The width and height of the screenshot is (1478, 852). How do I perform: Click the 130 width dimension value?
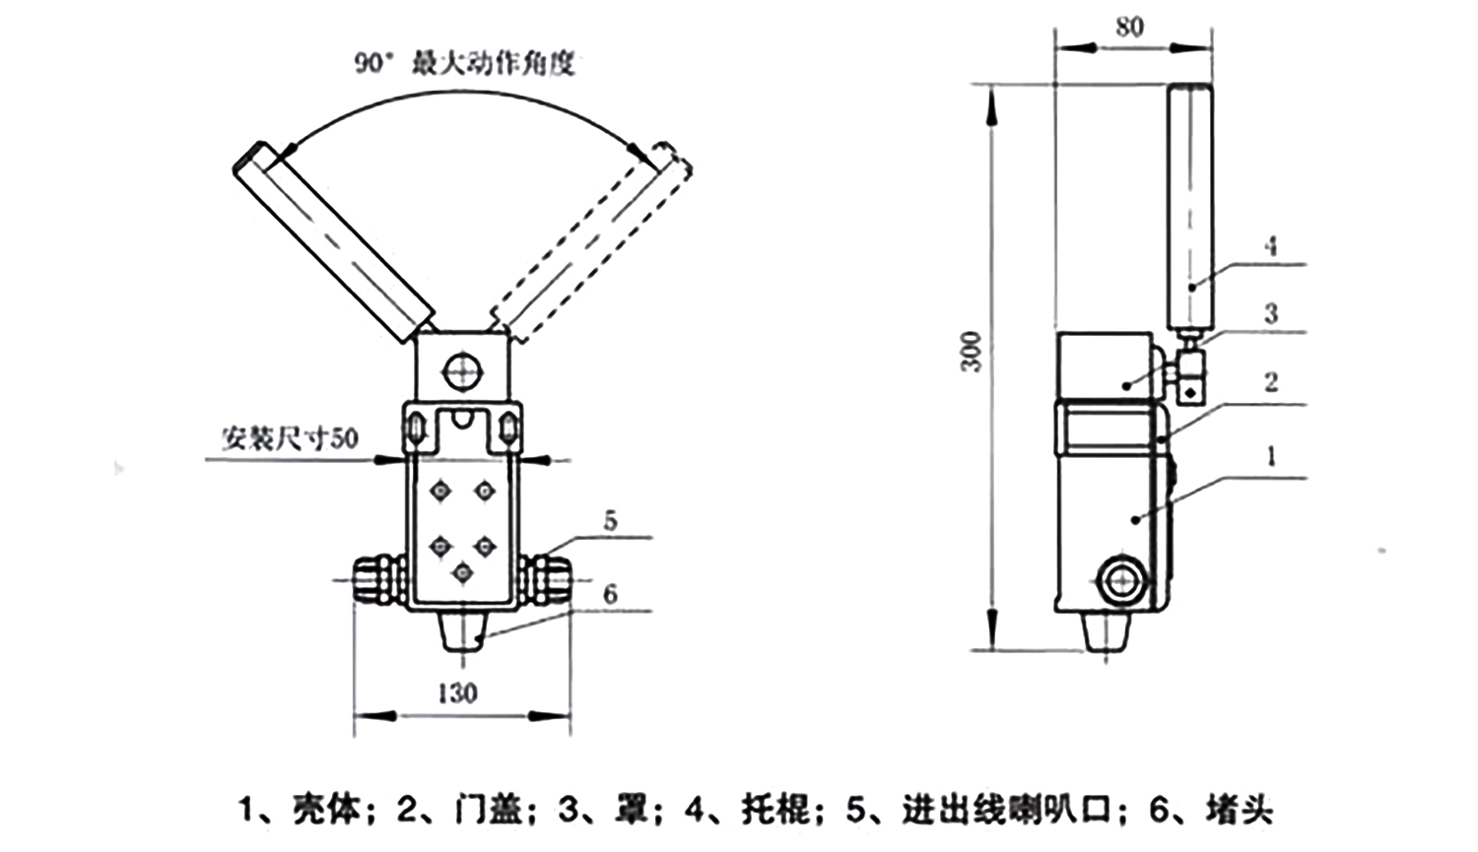(x=457, y=693)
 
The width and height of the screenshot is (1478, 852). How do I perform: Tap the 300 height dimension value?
(x=973, y=352)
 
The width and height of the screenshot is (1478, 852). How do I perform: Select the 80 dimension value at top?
(x=1129, y=27)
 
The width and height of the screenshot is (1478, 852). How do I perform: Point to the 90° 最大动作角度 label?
(x=464, y=64)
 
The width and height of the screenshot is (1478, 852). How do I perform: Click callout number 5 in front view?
(x=611, y=520)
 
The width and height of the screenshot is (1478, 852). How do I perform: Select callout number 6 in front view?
(x=611, y=594)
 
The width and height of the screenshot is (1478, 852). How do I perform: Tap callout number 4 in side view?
(x=1271, y=246)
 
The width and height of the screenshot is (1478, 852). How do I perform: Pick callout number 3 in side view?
(x=1271, y=314)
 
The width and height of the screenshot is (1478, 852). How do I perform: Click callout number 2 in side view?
(x=1271, y=382)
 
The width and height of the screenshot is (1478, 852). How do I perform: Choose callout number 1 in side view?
(x=1271, y=456)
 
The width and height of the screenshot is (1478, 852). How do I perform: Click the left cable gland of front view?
(x=373, y=581)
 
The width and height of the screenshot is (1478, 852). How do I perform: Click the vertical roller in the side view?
(x=1190, y=207)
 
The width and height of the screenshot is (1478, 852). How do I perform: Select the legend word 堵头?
(x=1240, y=811)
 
